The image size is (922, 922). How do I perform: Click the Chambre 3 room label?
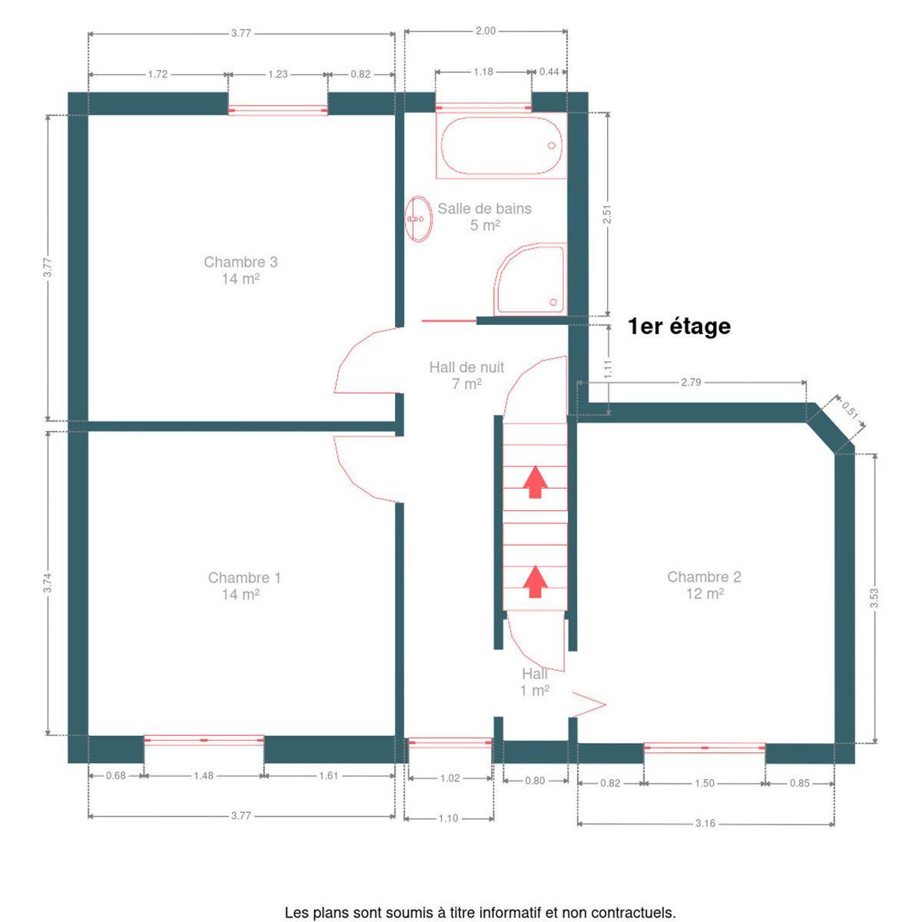(x=240, y=270)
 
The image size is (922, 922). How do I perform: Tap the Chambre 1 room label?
(x=244, y=585)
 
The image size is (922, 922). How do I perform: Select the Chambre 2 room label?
(x=704, y=585)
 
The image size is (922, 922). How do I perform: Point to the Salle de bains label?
(x=484, y=216)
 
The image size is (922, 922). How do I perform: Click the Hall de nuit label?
(x=466, y=375)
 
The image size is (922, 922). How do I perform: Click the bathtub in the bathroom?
(x=501, y=145)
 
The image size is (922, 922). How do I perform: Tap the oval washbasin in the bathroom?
(x=418, y=219)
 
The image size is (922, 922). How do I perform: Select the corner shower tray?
(x=530, y=279)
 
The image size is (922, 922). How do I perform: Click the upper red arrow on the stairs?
(x=535, y=482)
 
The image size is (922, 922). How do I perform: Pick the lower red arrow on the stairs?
(x=535, y=582)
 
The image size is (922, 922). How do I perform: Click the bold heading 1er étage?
(x=679, y=327)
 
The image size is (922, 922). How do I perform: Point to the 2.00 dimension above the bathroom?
(x=485, y=31)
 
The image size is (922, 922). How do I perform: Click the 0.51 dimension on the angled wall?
(x=850, y=410)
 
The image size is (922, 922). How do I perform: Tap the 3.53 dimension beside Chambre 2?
(x=874, y=598)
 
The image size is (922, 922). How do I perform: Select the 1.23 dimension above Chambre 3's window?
(x=277, y=75)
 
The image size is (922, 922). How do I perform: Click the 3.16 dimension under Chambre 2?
(x=705, y=823)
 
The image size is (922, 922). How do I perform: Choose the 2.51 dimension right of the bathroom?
(x=607, y=214)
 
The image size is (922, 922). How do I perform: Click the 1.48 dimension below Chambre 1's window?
(x=204, y=775)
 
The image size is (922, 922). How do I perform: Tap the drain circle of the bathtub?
(x=551, y=145)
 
